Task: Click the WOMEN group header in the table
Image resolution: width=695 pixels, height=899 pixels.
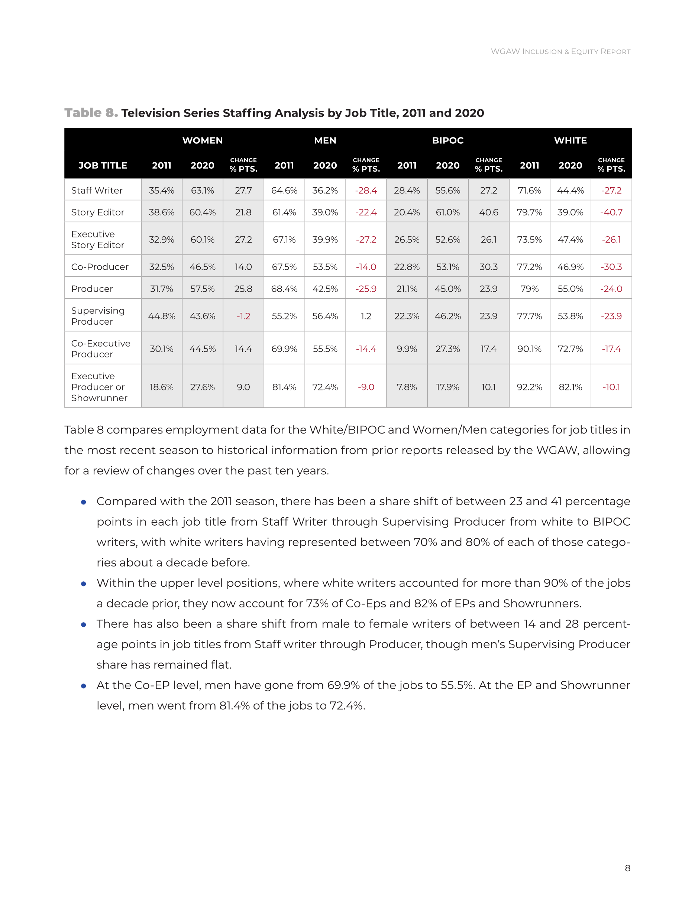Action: point(203,140)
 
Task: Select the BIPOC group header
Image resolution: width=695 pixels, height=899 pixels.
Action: point(447,140)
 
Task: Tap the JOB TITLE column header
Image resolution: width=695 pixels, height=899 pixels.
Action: point(103,165)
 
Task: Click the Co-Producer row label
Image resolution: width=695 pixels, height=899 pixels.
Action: point(100,267)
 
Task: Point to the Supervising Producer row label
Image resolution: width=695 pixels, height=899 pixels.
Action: point(98,316)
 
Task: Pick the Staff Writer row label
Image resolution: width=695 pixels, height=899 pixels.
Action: point(97,190)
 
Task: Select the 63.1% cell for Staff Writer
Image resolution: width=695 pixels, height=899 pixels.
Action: point(203,190)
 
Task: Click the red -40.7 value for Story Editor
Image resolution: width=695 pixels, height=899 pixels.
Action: point(611,212)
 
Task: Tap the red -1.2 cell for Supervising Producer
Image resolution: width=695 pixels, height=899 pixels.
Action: point(243,316)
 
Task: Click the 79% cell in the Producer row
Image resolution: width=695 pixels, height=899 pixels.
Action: point(530,289)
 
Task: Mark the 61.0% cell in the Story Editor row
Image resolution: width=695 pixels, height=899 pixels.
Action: point(447,212)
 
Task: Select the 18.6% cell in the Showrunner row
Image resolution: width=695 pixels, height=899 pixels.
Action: point(161,387)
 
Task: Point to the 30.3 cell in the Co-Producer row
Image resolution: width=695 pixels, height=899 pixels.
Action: point(488,267)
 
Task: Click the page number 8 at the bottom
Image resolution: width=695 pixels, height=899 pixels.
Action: point(627,868)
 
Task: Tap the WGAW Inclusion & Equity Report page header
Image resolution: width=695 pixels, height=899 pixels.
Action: point(560,52)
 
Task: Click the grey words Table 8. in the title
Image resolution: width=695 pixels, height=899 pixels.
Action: point(91,113)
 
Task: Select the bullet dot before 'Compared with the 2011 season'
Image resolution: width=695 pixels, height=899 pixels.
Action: point(84,502)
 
